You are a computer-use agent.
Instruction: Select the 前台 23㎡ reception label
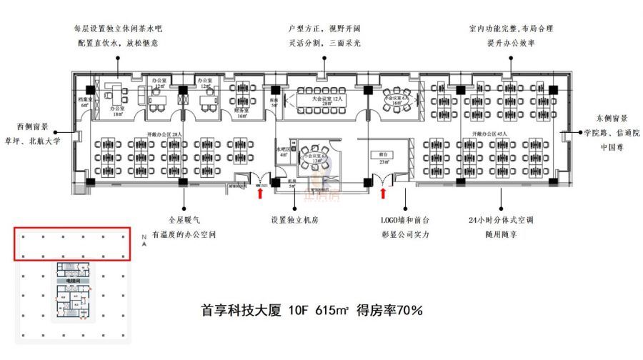click(x=383, y=158)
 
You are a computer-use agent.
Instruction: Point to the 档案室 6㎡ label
click(x=84, y=102)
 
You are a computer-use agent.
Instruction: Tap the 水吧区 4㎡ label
click(x=283, y=152)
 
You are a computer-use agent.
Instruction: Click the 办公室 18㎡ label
click(x=117, y=111)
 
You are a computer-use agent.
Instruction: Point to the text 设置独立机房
click(x=294, y=220)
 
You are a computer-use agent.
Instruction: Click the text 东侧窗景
click(x=610, y=119)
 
